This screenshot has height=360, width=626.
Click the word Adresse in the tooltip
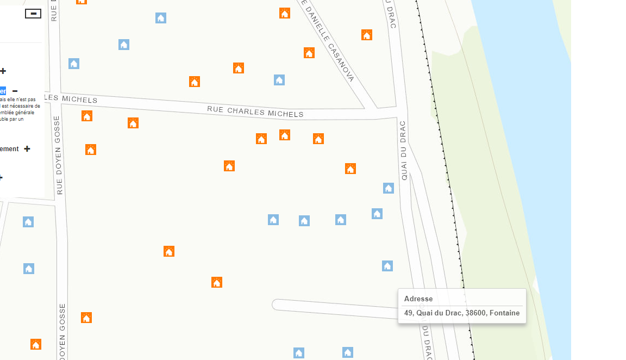tap(418, 299)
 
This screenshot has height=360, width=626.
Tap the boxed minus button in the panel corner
tap(33, 14)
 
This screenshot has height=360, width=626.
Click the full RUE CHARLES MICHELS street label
tap(255, 111)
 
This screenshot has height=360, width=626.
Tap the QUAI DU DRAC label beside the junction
tap(404, 150)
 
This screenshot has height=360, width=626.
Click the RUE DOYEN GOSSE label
tap(59, 155)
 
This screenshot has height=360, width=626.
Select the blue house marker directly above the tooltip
tap(387, 266)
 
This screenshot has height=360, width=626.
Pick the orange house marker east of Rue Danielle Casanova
tap(367, 35)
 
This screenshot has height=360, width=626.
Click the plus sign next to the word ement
tap(27, 149)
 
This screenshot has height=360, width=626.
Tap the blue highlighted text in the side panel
tap(3, 91)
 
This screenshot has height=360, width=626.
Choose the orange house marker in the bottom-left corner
tap(36, 344)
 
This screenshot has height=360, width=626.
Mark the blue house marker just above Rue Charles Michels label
tap(279, 80)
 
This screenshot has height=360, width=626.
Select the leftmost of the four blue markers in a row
tap(273, 220)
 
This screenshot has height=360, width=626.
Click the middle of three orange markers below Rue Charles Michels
tap(285, 135)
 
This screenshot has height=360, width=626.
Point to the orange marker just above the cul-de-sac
tap(217, 282)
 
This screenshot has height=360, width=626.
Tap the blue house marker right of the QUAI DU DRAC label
tap(389, 188)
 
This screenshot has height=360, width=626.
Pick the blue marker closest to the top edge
tap(161, 18)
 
